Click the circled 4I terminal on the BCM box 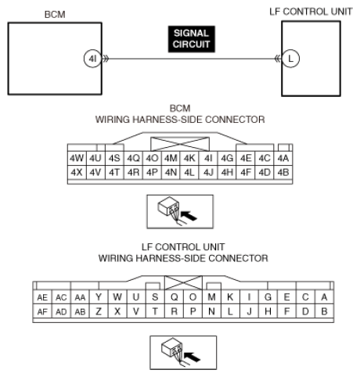(92, 59)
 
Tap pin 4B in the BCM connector (283, 171)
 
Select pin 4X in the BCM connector (77, 171)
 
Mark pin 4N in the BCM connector (171, 171)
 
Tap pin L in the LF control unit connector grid (229, 311)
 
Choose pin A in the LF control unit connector (323, 298)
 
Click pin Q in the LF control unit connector (173, 298)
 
